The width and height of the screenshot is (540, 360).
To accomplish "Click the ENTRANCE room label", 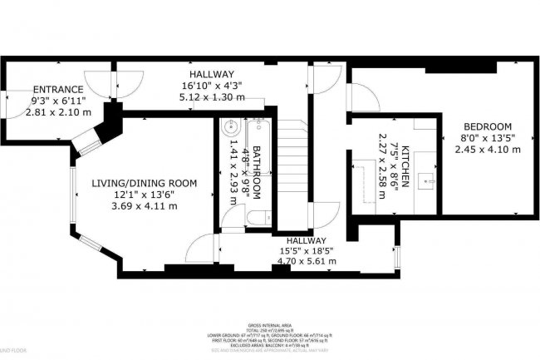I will (57, 90).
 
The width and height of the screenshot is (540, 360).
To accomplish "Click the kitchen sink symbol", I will (429, 177).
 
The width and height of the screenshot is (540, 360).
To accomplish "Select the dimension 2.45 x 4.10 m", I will (488, 150).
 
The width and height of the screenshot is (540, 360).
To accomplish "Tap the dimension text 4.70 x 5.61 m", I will (307, 260).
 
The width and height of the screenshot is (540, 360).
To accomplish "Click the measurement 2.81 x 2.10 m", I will (57, 111).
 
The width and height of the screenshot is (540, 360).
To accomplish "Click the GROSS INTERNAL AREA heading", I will (269, 327).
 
